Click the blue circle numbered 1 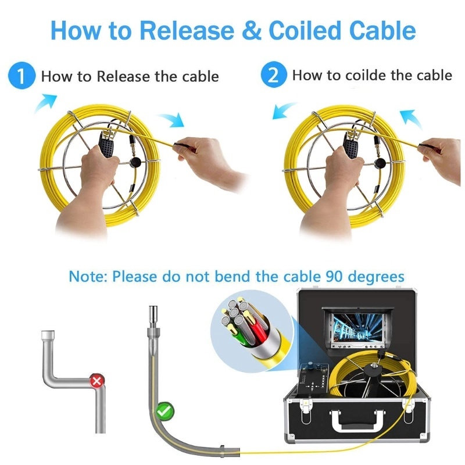click(x=22, y=76)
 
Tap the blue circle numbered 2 click(x=274, y=74)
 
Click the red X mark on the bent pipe click(x=97, y=381)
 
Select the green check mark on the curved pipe click(x=165, y=411)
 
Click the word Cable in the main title click(x=382, y=31)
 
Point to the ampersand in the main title click(x=252, y=31)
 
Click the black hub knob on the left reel click(x=135, y=162)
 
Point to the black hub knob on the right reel click(x=380, y=163)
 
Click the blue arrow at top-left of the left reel click(x=45, y=103)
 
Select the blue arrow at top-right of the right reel click(x=411, y=119)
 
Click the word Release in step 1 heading click(x=123, y=76)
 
